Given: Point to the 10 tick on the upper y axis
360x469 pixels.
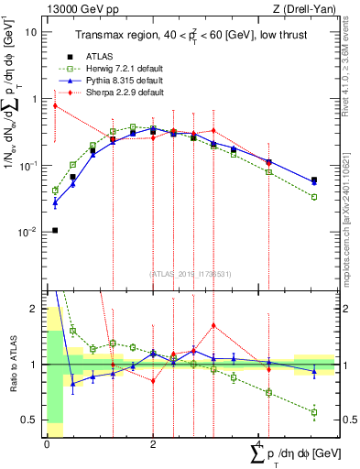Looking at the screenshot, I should click(32, 31).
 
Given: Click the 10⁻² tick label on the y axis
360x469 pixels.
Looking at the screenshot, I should click(27, 233).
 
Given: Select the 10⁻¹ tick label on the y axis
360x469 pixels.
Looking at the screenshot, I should click(27, 166).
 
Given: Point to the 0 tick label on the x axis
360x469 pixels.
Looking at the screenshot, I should click(47, 442).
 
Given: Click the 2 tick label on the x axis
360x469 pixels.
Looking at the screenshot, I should click(153, 442).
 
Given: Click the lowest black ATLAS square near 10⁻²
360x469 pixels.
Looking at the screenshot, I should click(55, 230).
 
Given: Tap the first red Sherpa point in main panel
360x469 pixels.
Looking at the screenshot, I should click(55, 105).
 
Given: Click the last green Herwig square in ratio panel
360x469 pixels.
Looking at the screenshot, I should click(314, 412).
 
